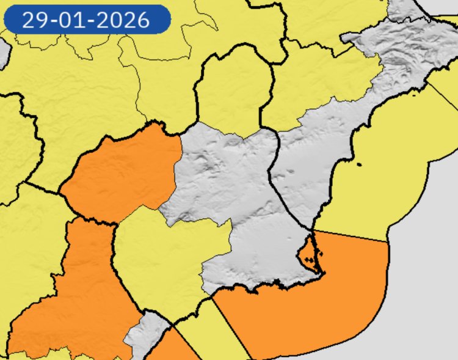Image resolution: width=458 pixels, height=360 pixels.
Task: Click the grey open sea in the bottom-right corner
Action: (x=427, y=306)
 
